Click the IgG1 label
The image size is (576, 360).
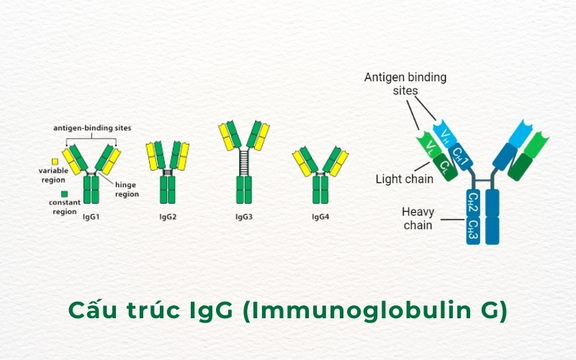tap(91, 216)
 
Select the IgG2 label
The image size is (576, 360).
tap(168, 216)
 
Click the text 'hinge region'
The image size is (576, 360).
tap(127, 189)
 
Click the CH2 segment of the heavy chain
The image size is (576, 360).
tap(473, 202)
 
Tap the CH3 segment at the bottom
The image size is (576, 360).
tap(473, 229)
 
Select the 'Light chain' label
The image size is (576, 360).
tap(404, 179)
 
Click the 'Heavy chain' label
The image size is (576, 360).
tap(418, 218)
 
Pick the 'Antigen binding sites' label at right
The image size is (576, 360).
tap(405, 83)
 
